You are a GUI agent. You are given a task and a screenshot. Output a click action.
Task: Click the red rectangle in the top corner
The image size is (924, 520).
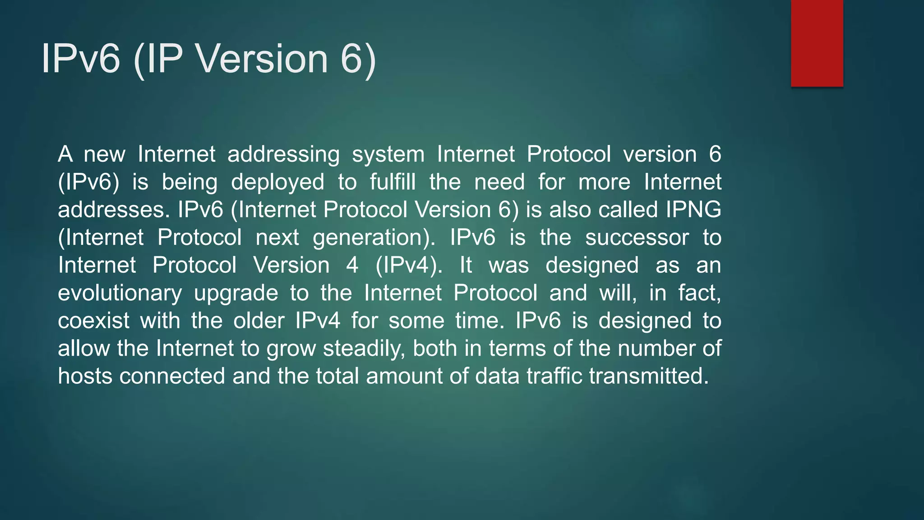(x=817, y=43)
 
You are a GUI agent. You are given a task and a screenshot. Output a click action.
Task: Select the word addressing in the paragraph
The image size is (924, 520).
(x=283, y=155)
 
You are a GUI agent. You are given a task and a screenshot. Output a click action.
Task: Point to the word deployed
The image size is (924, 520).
(x=277, y=182)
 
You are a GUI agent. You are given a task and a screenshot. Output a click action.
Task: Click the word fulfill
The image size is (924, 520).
(x=393, y=182)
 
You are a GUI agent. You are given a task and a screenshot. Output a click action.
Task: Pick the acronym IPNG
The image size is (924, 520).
(x=693, y=210)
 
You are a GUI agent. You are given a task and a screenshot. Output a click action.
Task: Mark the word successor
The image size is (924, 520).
(x=637, y=238)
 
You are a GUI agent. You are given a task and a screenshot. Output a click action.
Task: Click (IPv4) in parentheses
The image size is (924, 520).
(x=409, y=265)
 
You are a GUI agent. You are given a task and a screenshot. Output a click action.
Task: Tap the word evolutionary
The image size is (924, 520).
(x=120, y=293)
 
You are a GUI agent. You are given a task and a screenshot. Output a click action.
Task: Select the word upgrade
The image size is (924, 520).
(x=236, y=293)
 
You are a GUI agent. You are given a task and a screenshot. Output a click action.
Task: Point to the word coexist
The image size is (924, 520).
(x=93, y=321)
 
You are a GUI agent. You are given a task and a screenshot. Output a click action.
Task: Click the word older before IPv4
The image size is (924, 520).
(x=259, y=321)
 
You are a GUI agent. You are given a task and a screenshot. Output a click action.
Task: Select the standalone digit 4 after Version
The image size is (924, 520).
(x=352, y=265)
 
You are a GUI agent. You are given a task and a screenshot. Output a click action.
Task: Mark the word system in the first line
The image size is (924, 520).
(x=388, y=155)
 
